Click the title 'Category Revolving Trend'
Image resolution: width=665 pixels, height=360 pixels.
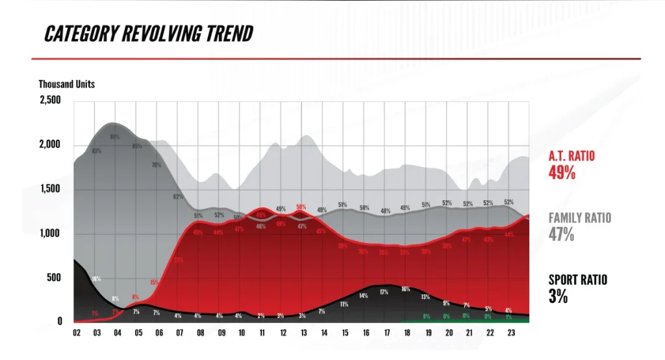point(148,34)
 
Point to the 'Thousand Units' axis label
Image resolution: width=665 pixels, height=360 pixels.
point(66,84)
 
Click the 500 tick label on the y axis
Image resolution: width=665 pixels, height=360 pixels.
point(54,277)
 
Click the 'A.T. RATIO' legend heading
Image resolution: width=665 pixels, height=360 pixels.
point(571,156)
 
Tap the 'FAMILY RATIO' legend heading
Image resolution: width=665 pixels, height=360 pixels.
point(580,218)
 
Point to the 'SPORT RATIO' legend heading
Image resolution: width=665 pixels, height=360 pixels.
point(578,280)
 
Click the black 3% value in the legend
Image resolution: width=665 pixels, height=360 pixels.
point(558,296)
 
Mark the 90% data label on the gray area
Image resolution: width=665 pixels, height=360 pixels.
point(114,137)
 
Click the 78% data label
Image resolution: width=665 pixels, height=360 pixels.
point(156,165)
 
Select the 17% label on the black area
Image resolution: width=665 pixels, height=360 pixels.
point(384,292)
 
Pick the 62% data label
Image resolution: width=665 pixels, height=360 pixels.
point(178,196)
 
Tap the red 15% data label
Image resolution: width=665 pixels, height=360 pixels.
point(154,283)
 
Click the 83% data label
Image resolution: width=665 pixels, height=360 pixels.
point(96,151)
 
